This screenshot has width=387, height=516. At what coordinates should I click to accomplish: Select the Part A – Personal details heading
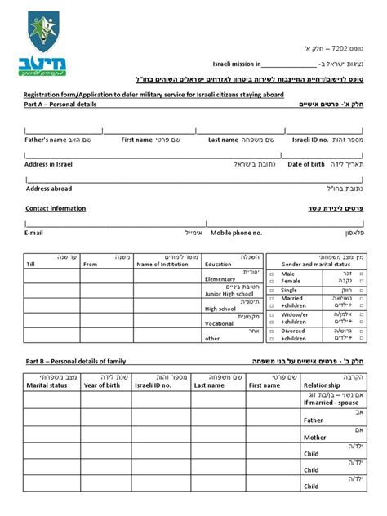(x=60, y=105)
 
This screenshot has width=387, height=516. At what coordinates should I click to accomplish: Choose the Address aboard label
(x=49, y=189)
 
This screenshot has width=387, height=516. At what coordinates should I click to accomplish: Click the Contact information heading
(x=56, y=208)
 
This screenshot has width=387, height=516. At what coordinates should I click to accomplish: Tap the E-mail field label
(x=33, y=233)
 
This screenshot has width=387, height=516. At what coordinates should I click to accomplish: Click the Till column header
(x=31, y=265)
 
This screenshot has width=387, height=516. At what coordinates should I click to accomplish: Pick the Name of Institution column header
(x=166, y=265)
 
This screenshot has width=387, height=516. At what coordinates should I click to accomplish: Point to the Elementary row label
(x=220, y=279)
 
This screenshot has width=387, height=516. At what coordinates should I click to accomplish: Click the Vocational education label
(x=220, y=323)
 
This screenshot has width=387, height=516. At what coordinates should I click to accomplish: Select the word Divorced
(x=293, y=331)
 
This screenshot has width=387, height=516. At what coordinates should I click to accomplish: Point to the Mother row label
(x=314, y=437)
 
